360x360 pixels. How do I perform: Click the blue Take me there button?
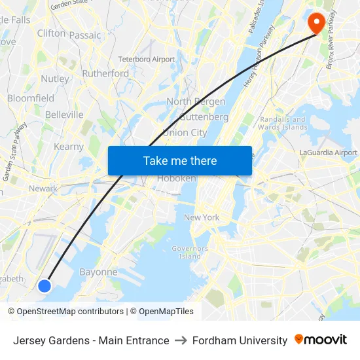180,160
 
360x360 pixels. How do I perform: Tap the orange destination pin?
317,23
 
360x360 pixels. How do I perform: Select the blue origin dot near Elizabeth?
45,285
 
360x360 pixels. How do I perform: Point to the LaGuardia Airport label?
328,153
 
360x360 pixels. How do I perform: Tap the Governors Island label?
190,252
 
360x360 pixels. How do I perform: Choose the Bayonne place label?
98,272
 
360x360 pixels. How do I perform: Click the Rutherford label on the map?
105,73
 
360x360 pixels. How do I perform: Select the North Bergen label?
196,101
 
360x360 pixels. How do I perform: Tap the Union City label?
185,132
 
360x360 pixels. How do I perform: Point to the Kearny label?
69,147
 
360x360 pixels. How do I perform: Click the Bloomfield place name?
31,98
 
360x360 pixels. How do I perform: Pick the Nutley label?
55,79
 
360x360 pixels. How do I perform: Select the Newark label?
43,189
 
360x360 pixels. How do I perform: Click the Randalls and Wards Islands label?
283,123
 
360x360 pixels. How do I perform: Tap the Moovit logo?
321,340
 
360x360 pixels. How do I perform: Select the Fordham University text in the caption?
240,340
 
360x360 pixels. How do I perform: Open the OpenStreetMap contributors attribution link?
70,312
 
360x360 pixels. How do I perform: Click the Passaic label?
85,35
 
